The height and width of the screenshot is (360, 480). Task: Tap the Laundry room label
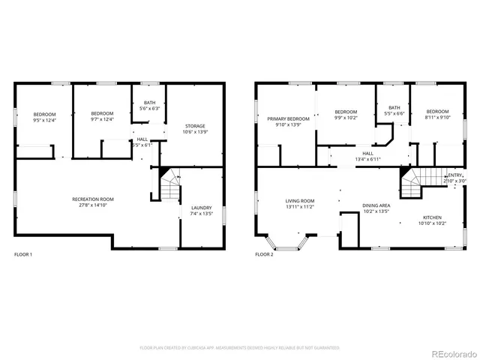[x=201, y=208]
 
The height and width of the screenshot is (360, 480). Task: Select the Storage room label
[x=194, y=126]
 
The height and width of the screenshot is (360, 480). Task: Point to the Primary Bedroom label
[x=288, y=119]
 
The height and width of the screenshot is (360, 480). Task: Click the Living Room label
[x=299, y=200]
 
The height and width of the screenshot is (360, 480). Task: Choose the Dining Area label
[x=376, y=205]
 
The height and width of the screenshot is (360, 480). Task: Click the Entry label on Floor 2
[x=455, y=175]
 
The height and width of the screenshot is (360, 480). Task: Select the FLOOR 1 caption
[x=23, y=254]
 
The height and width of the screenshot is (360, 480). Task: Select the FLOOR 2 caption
[x=264, y=254]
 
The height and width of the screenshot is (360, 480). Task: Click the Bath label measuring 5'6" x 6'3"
[x=149, y=102]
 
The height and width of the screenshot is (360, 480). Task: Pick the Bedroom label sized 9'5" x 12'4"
[x=45, y=114]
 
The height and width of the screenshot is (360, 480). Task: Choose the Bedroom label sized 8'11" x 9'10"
[x=437, y=111]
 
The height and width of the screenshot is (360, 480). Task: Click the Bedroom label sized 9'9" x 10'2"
[x=346, y=111]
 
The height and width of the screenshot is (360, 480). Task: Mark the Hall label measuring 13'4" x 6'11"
[x=367, y=153]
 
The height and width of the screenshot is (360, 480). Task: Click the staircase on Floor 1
[x=170, y=186]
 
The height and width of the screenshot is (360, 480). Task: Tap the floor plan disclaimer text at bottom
[x=240, y=348]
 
